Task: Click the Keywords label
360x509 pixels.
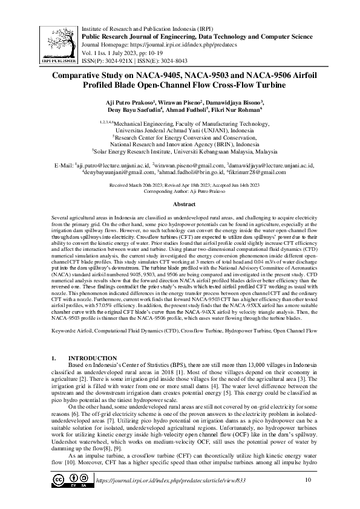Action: [x=66, y=331]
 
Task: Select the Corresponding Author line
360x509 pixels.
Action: [x=180, y=173]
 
